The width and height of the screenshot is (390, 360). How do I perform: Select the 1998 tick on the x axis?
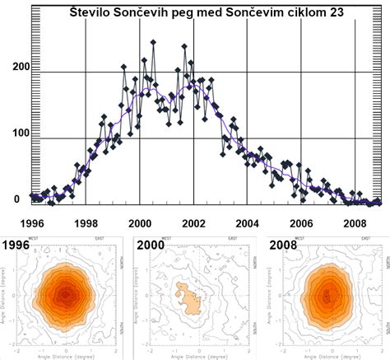(x=86, y=223)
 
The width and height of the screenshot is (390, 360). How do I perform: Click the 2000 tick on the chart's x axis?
(x=140, y=223)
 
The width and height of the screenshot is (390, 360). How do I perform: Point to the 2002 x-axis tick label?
(x=193, y=223)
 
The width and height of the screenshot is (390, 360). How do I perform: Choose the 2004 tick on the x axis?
(x=248, y=223)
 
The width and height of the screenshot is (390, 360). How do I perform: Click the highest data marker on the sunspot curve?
(x=153, y=42)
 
